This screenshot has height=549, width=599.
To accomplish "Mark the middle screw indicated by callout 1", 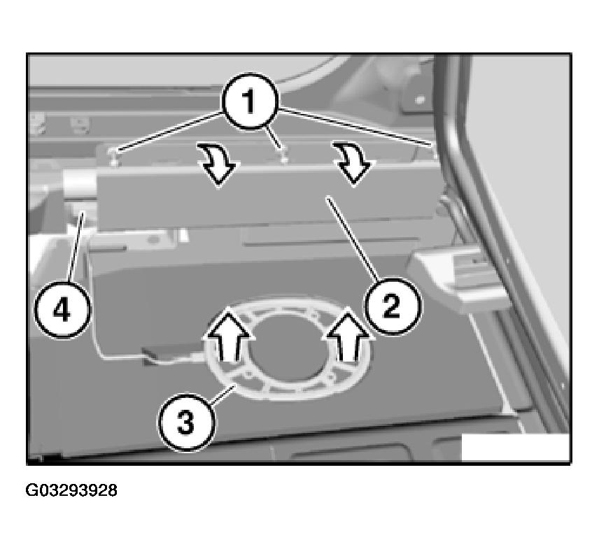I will coord(283,155).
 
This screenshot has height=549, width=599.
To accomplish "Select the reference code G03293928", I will coord(71,491).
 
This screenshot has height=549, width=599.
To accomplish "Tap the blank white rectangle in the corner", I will coord(515,448).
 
